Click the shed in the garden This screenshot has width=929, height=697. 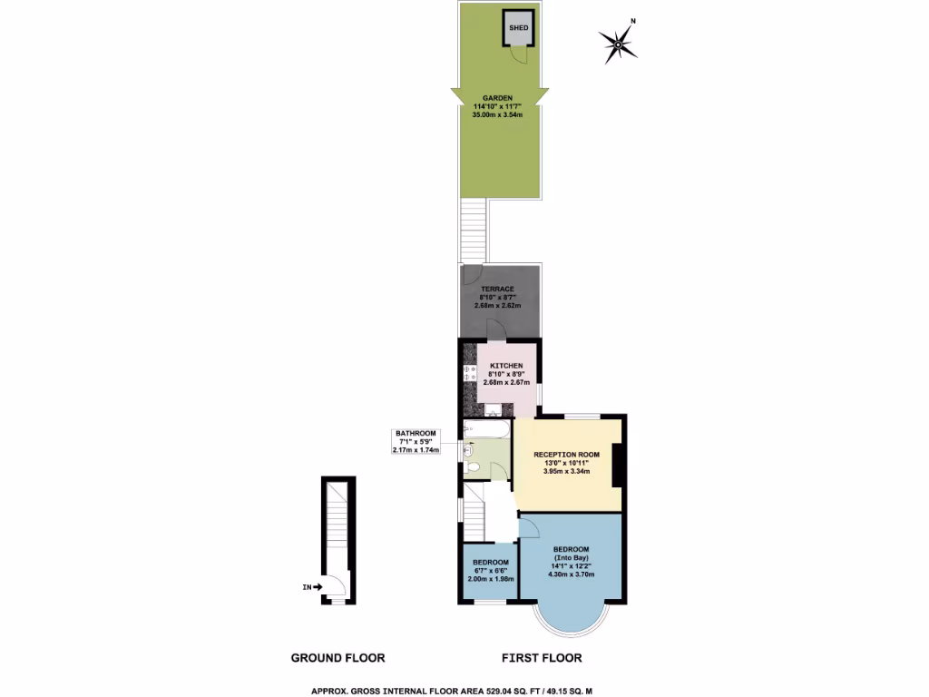pos(518,28)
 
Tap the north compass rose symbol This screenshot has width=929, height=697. pos(618,40)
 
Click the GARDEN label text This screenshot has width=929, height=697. pos(498,97)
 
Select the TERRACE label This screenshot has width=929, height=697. pos(497,289)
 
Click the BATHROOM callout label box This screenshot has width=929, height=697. pos(415,442)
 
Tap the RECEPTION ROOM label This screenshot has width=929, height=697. pos(567,454)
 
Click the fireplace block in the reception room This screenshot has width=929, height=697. pos(617,465)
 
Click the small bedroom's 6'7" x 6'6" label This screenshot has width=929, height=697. pos(490,571)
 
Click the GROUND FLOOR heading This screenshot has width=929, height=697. pos(337,658)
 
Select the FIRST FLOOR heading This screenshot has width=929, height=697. pos(542,658)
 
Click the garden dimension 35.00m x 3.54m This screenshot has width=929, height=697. pos(498,114)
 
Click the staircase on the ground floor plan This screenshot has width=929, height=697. pos(337,526)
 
